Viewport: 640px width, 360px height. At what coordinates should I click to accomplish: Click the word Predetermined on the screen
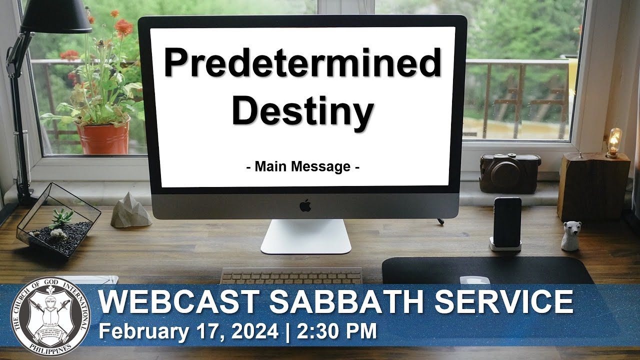(302, 63)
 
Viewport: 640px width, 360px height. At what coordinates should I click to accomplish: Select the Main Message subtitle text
(302, 166)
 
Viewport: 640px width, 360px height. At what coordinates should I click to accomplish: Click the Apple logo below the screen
(305, 205)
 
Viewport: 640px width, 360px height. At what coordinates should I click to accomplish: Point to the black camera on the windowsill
(510, 172)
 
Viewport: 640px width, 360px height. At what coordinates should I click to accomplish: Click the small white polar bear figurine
(570, 235)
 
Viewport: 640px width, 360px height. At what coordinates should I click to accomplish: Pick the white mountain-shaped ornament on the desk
(130, 210)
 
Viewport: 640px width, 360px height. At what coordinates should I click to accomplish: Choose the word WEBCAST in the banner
(177, 302)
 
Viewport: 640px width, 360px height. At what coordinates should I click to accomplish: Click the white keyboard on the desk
(291, 275)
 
